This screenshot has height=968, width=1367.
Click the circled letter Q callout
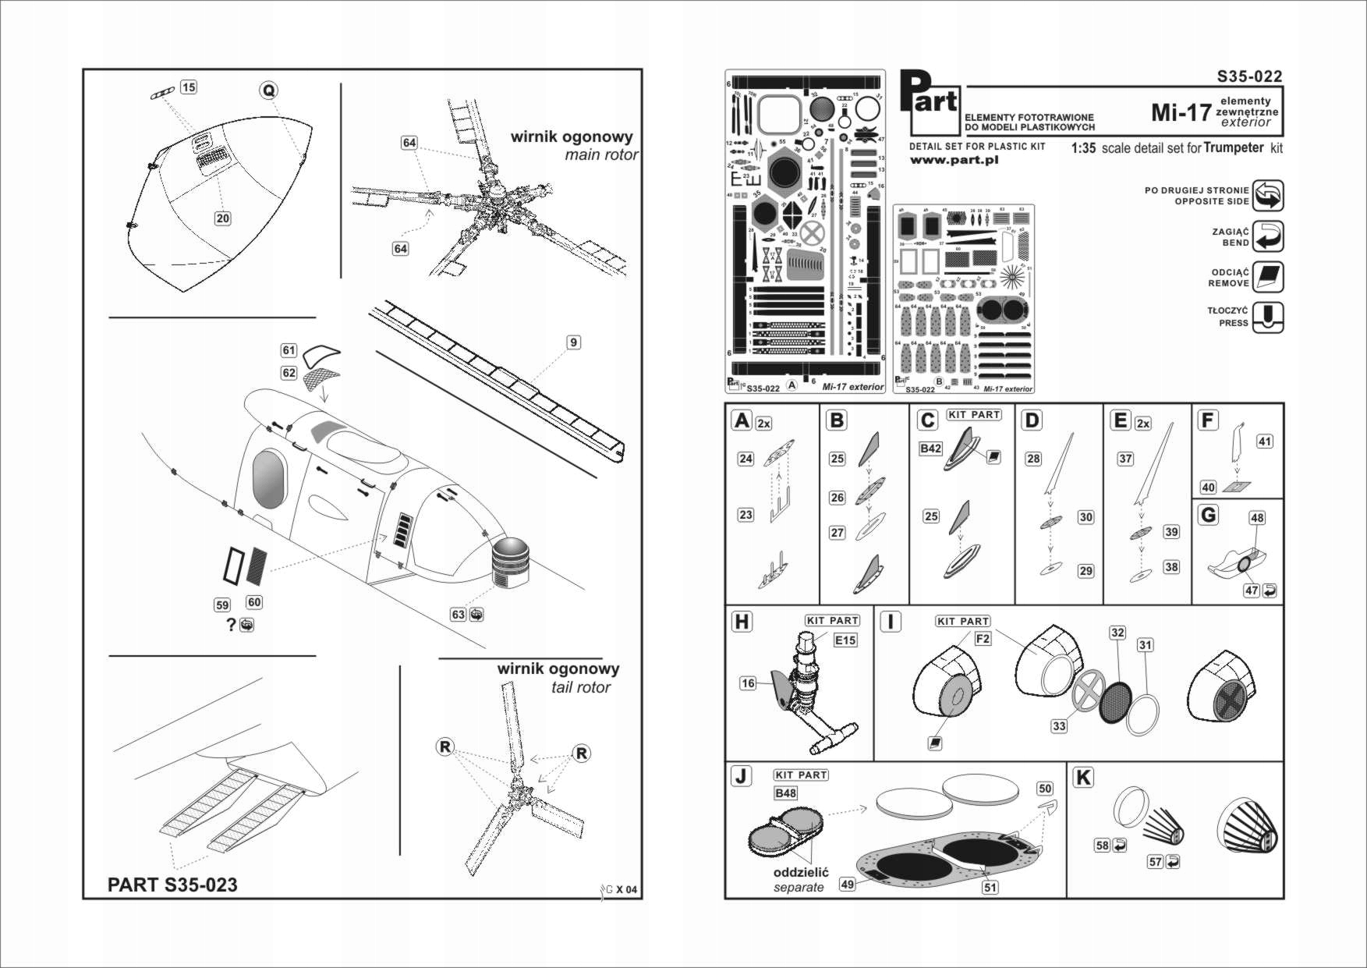[x=268, y=90]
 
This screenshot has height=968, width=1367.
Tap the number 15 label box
[x=189, y=87]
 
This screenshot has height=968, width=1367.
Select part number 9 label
[x=573, y=342]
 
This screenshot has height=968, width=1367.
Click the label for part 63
[x=459, y=615]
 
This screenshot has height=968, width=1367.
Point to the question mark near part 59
[x=231, y=625]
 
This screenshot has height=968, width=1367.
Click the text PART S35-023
[x=172, y=885]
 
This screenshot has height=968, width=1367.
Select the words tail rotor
[x=580, y=687]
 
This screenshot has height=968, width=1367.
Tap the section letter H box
[x=742, y=622]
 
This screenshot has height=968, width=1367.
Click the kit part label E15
[x=845, y=640]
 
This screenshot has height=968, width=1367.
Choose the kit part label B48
[x=785, y=793]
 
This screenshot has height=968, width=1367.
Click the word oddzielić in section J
[x=800, y=873]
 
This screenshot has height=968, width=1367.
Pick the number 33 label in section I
[x=1058, y=726]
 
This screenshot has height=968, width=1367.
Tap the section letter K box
[x=1083, y=778]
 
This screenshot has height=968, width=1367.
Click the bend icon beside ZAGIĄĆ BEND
[x=1268, y=236]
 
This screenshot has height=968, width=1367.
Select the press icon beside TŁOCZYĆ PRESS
[x=1268, y=317]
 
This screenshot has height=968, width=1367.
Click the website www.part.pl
[x=954, y=160]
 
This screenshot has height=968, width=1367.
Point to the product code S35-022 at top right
[x=1249, y=76]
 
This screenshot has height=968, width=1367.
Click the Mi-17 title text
[x=1181, y=112]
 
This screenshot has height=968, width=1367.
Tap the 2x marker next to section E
[x=1143, y=424]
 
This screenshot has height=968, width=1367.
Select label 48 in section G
[x=1257, y=518]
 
